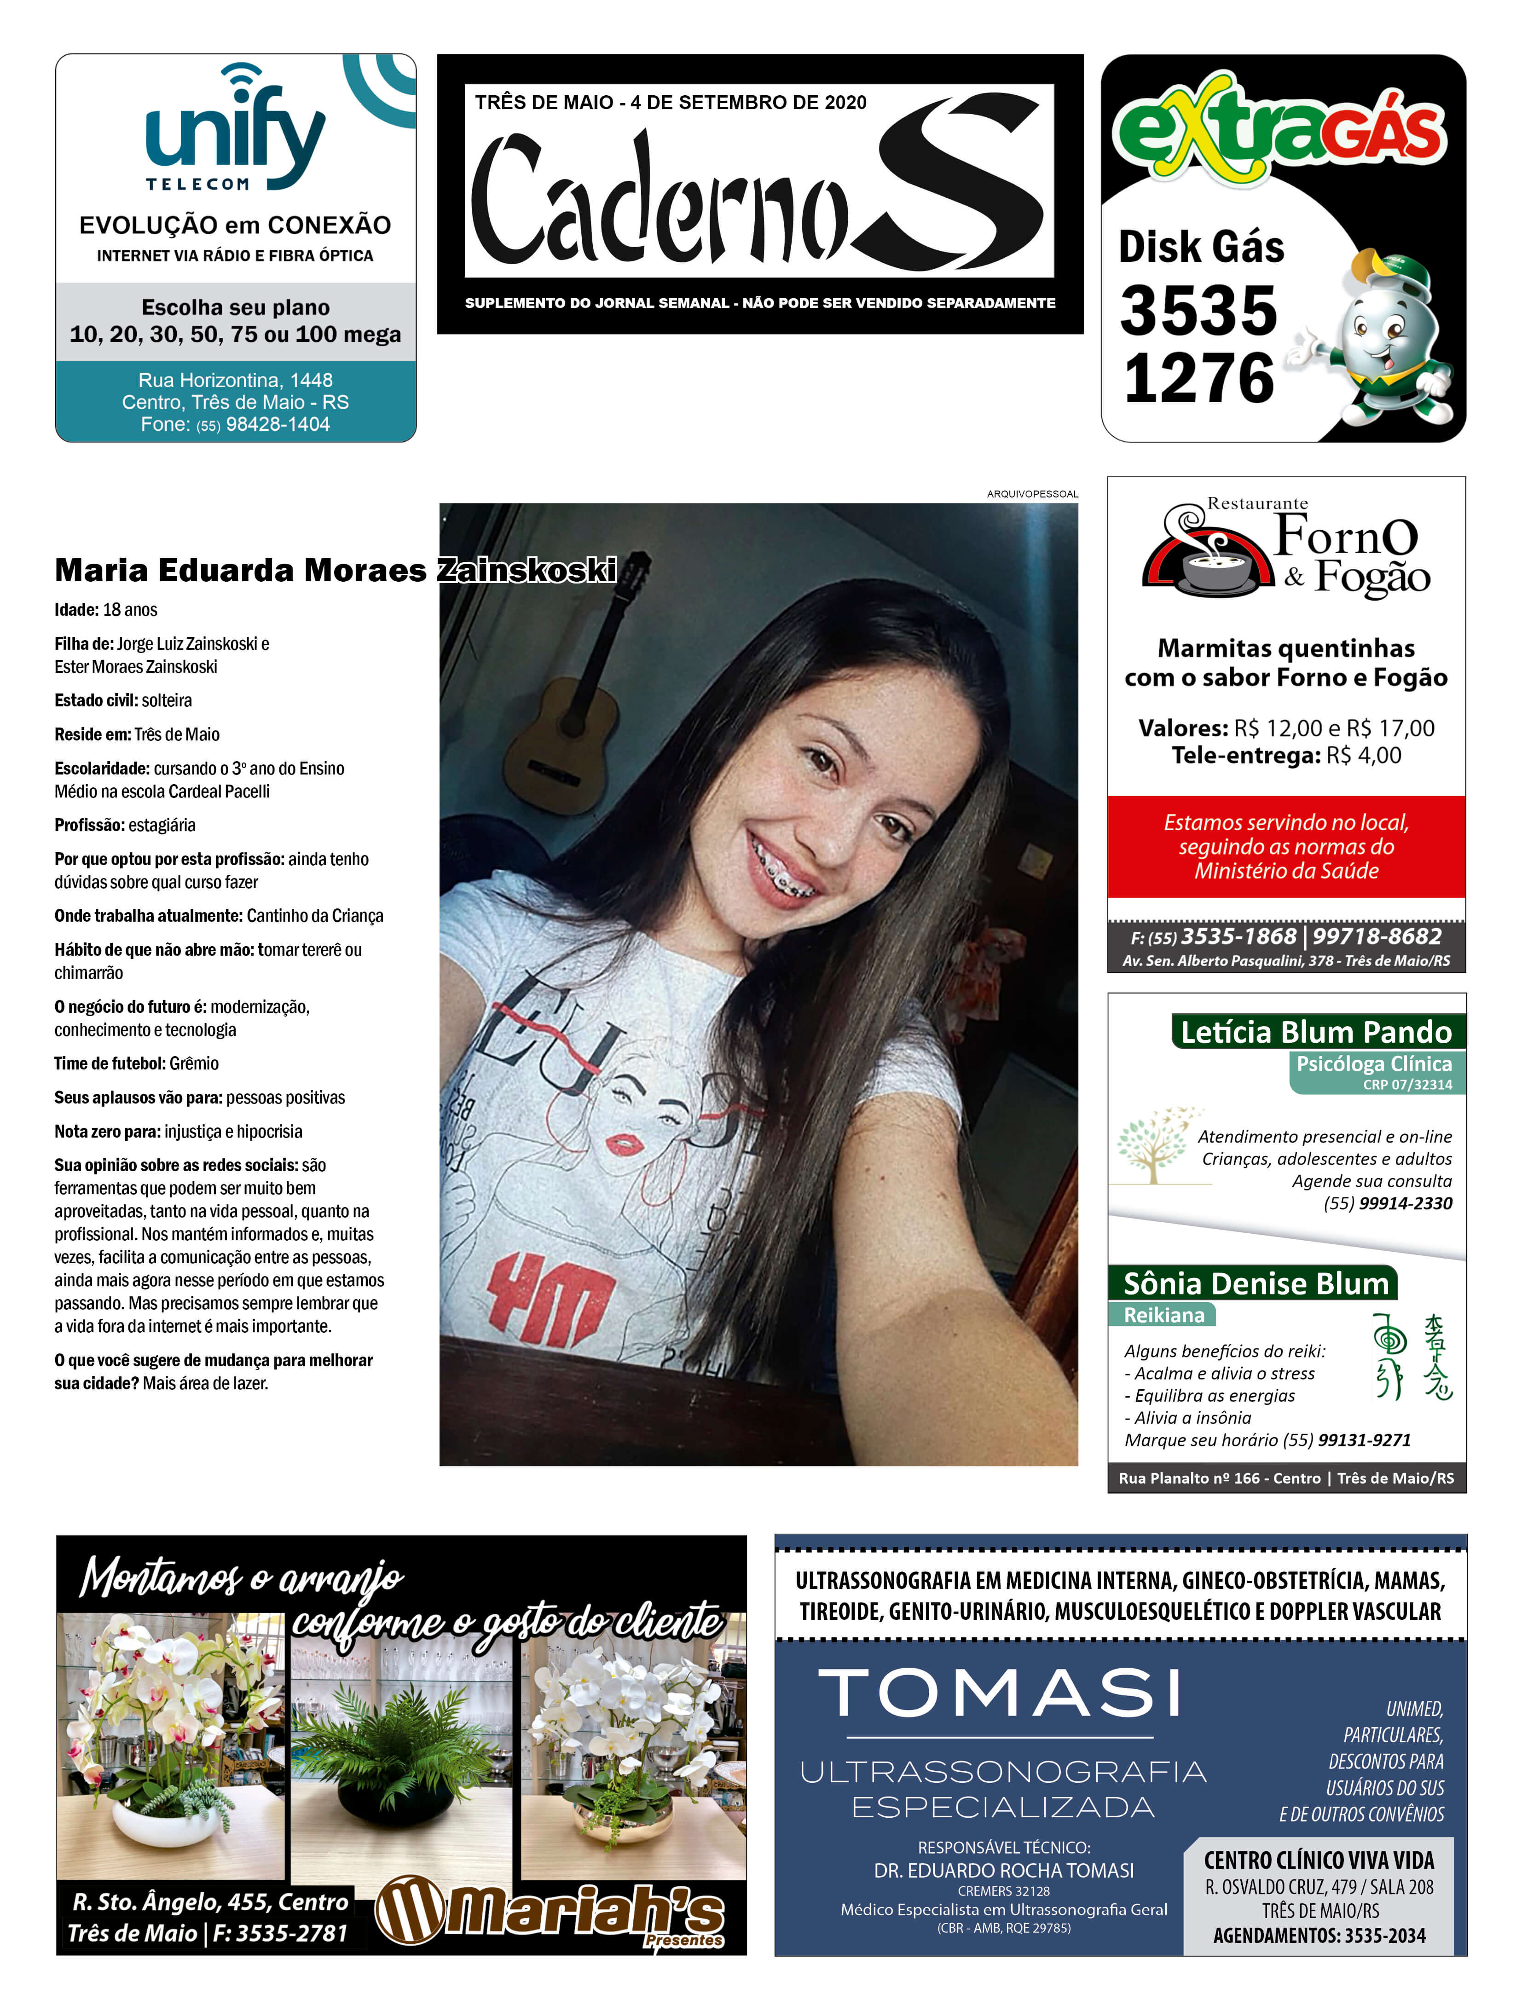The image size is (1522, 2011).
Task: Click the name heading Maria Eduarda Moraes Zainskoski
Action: [335, 570]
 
